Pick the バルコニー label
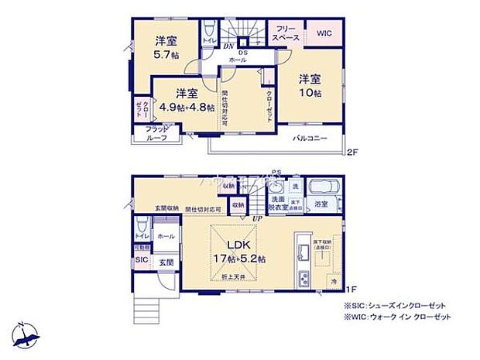(309, 138)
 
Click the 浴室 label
(321, 204)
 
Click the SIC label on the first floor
(142, 260)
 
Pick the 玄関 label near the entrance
(166, 263)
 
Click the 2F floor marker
(353, 151)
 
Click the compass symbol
(26, 336)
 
